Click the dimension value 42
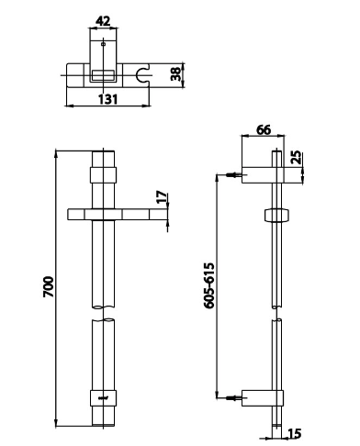pos(103,21)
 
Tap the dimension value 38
pos(176,74)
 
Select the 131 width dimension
pos(107,99)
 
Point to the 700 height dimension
pos(49,286)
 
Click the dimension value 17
pos(162,196)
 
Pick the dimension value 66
pos(264,129)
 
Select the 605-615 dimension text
pos(209,285)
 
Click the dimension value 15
pos(295,433)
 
